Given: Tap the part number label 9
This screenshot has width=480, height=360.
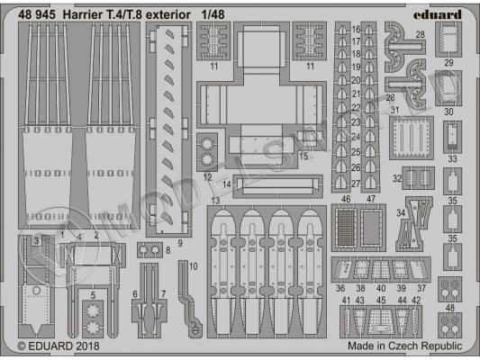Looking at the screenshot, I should coord(179,242).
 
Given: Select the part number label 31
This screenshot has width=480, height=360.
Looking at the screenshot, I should coord(394,110).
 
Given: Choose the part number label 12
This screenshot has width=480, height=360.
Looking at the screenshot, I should coord(207,176).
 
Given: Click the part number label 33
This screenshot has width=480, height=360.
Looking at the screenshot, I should coord(452,159).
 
